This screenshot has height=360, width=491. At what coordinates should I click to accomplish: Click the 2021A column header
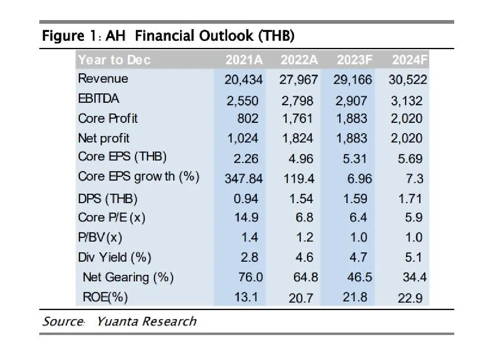pyautogui.click(x=244, y=60)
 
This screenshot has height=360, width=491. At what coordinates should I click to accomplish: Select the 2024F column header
pyautogui.click(x=409, y=60)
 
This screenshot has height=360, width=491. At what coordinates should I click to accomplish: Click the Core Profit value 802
pyautogui.click(x=248, y=119)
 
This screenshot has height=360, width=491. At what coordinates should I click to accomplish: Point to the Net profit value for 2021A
pyautogui.click(x=243, y=138)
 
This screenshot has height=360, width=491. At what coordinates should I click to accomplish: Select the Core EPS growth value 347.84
pyautogui.click(x=244, y=179)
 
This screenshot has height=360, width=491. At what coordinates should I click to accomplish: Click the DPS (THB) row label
pyautogui.click(x=108, y=199)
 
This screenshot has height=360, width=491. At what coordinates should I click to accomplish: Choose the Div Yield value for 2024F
pyautogui.click(x=414, y=258)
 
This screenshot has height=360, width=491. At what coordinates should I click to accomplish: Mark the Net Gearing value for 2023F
pyautogui.click(x=355, y=277)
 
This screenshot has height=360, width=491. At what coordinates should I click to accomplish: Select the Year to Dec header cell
pyautogui.click(x=115, y=60)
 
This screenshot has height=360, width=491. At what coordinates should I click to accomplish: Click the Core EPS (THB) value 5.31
pyautogui.click(x=355, y=158)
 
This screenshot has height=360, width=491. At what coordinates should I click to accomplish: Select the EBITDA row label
pyautogui.click(x=99, y=100)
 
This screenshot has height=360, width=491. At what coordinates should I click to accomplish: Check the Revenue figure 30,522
pyautogui.click(x=408, y=79)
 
